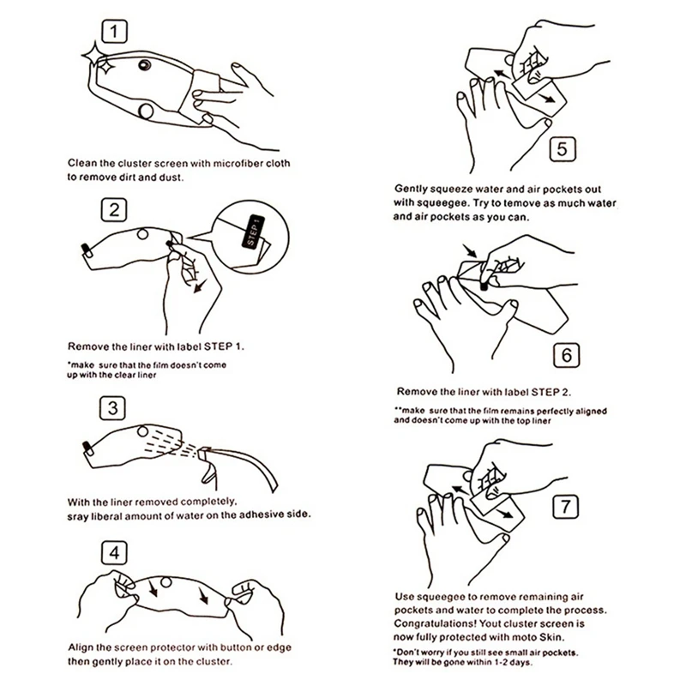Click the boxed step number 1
(x=114, y=32)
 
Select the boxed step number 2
(x=114, y=210)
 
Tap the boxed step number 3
(x=112, y=408)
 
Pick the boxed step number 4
(x=114, y=552)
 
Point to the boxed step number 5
(x=563, y=149)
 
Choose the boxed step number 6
(x=566, y=355)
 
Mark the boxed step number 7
(x=565, y=507)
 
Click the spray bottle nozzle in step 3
(x=202, y=453)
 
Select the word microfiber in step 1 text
(x=238, y=164)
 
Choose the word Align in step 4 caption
(x=80, y=648)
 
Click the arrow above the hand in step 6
(x=470, y=250)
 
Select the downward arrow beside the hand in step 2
(x=200, y=286)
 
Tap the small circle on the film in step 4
(x=165, y=582)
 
